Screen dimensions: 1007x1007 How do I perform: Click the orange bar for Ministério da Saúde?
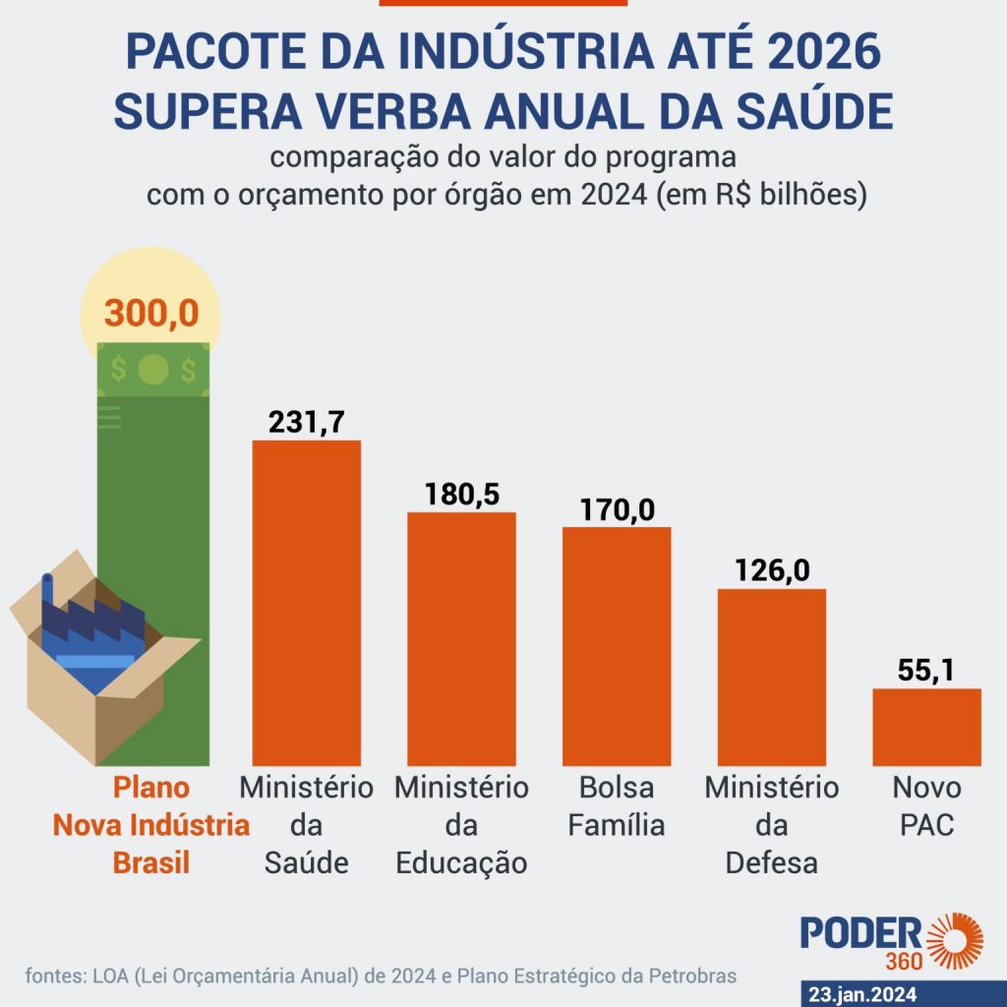click(307, 602)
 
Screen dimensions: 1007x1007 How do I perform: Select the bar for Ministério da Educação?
click(461, 639)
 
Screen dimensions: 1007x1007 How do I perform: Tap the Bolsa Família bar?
click(617, 646)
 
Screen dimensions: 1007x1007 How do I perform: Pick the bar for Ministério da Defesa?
click(771, 677)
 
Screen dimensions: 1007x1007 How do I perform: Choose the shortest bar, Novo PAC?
click(926, 727)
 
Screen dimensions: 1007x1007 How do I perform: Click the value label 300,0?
click(151, 313)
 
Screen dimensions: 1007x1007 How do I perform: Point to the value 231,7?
click(306, 422)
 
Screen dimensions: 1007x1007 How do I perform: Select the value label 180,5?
click(461, 495)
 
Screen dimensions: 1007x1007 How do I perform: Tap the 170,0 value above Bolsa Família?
click(617, 509)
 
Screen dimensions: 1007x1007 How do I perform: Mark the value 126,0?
click(772, 570)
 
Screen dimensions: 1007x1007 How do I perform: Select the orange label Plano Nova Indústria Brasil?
click(150, 825)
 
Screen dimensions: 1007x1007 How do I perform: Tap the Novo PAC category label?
click(926, 806)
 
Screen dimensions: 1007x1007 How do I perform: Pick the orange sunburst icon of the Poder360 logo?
click(955, 942)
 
